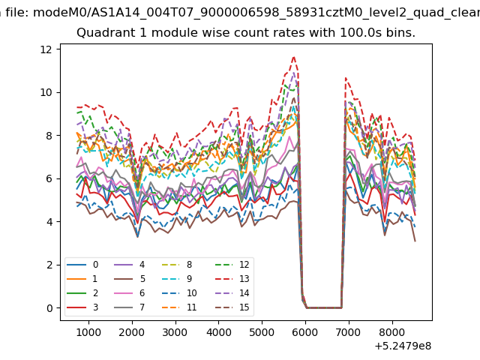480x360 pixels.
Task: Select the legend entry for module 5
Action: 130,279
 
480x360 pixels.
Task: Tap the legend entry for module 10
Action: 179,293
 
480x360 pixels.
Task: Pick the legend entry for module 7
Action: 130,307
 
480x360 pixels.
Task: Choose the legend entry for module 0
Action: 82,265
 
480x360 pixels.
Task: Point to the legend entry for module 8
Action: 177,265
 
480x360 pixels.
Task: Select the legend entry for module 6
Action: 130,293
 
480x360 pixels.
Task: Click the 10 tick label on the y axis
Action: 46,92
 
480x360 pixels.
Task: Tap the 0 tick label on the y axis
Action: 50,308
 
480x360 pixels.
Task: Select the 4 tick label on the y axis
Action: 50,222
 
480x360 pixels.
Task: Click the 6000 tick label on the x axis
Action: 305,332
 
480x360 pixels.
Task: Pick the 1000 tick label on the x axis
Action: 88,332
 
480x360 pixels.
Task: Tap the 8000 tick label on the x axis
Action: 391,332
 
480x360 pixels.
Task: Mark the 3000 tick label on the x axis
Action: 175,332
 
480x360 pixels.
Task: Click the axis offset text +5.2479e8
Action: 403,346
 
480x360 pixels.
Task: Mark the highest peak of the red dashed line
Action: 294,57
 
